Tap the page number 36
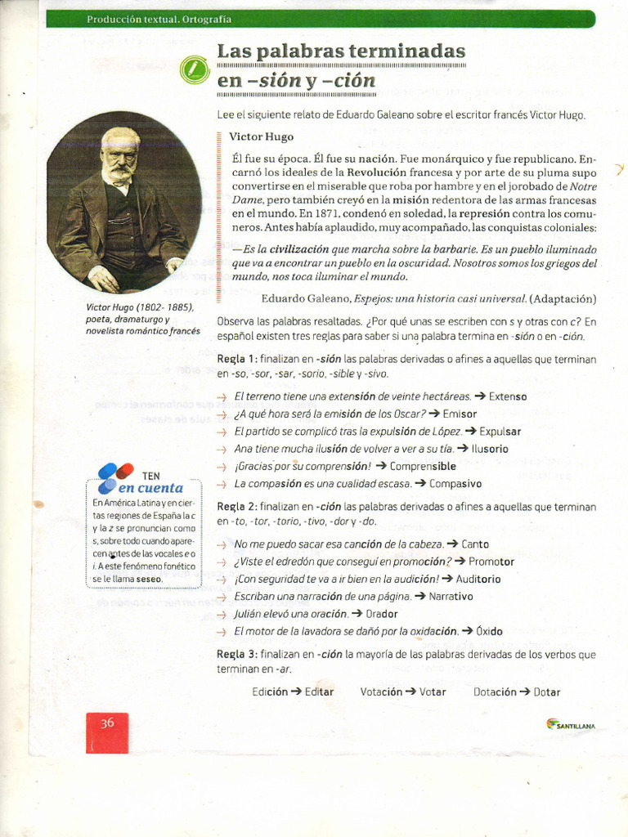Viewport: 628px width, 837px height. pos(107,723)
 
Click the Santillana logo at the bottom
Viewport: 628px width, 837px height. pos(571,723)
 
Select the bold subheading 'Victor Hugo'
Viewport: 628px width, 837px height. pos(261,137)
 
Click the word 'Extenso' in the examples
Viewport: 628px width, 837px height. pos(508,396)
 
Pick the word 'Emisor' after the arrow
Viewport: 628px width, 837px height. pos(460,414)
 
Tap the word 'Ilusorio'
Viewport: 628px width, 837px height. pos(489,449)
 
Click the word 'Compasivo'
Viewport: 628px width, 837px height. pos(455,483)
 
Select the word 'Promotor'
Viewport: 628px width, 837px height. pos(491,562)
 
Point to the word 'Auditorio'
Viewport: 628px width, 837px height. pos(478,579)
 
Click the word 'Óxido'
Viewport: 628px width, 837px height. pos(489,631)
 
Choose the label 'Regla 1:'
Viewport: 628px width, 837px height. pos(237,360)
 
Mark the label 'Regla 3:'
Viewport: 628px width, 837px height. pos(237,655)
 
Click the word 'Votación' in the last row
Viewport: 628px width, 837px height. pos(381,692)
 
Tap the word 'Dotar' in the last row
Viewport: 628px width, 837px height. pos(547,692)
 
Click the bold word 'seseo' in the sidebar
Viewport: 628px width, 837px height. pos(149,579)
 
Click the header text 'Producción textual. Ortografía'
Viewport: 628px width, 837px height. pos(159,19)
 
